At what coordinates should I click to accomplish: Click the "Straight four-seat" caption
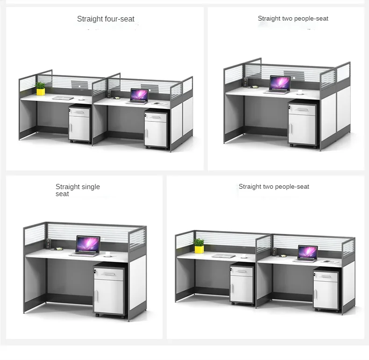(x=106, y=19)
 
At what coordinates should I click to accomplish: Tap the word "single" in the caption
(x=91, y=187)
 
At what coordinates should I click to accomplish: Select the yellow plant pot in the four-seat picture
(x=41, y=91)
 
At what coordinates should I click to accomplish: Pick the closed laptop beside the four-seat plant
(x=63, y=98)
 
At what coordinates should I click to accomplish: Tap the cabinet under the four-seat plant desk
(x=79, y=124)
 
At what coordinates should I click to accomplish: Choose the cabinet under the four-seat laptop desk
(x=155, y=129)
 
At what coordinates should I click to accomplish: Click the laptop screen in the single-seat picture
(x=88, y=244)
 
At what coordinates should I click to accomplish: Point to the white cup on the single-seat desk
(x=107, y=254)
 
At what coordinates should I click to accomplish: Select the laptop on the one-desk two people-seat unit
(x=280, y=85)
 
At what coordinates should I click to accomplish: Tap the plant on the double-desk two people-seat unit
(x=199, y=245)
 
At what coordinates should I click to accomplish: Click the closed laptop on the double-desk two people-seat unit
(x=224, y=255)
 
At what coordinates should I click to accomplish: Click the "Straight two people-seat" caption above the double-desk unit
(x=274, y=187)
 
